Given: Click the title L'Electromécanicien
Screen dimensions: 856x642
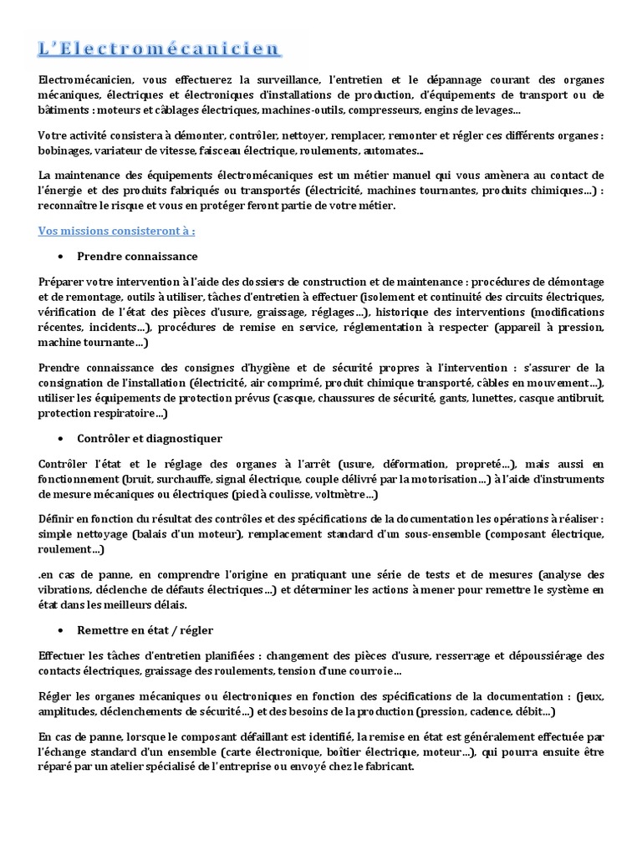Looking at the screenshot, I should click(x=159, y=48).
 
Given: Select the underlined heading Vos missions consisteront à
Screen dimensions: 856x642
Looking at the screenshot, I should click(x=117, y=230).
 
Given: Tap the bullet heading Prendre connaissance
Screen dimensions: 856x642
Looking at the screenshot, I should click(x=137, y=256).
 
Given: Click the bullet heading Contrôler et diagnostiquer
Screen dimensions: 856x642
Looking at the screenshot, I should click(x=150, y=438).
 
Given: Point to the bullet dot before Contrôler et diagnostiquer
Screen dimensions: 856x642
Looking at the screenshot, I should click(x=63, y=438).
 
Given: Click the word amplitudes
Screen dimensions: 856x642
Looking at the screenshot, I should click(x=69, y=712).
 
